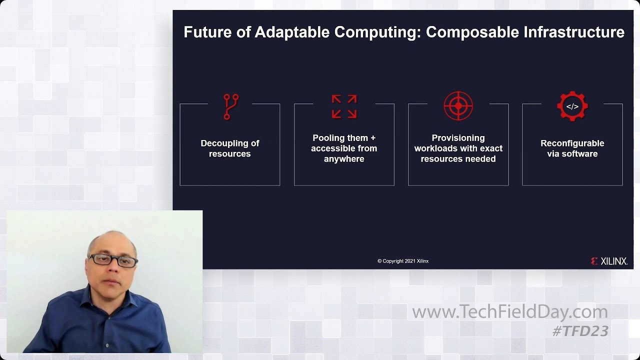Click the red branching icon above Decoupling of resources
pos(230,106)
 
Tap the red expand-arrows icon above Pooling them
pos(344,106)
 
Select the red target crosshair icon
pos(458,106)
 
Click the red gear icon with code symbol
pos(572,106)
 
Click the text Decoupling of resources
pos(229,148)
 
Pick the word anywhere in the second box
pos(344,159)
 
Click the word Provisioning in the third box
pos(458,138)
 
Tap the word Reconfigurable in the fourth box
pos(572,143)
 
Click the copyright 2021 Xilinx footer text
pos(402,261)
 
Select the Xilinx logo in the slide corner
pos(608,261)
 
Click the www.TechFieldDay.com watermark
pos(509,312)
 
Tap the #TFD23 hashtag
pos(580,330)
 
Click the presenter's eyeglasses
pos(113,260)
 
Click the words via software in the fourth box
pos(572,154)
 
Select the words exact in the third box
pos(491,148)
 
